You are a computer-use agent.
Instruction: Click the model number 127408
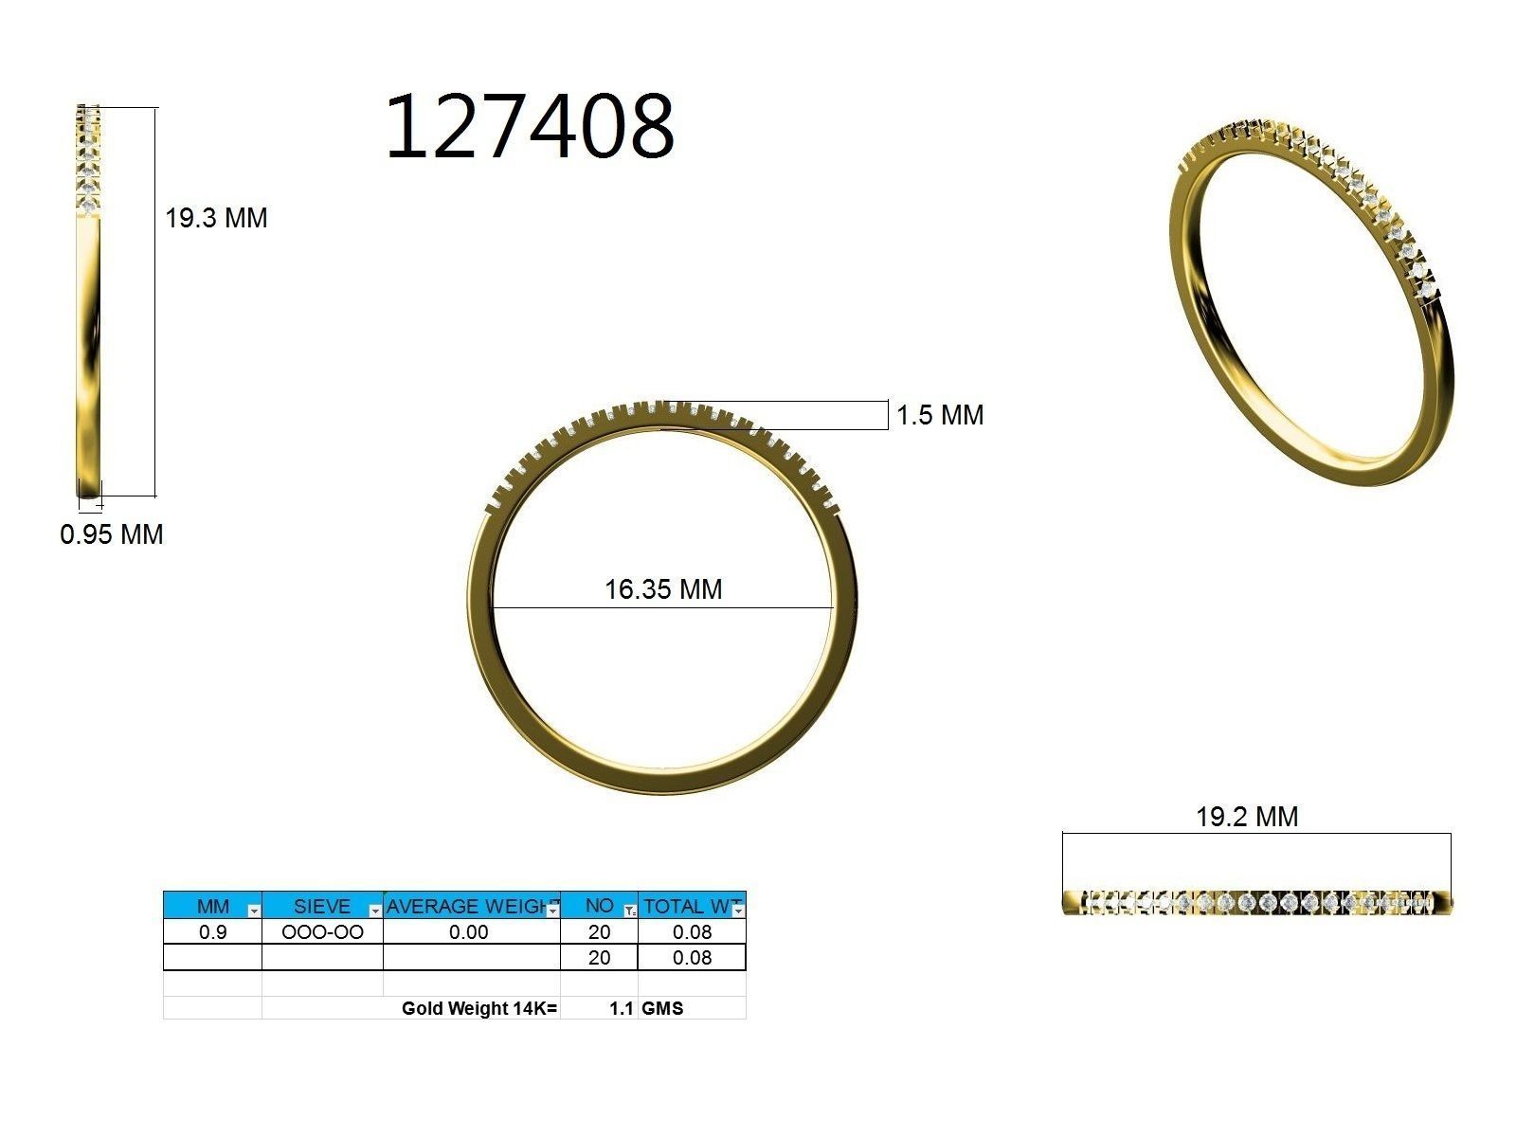click(x=529, y=126)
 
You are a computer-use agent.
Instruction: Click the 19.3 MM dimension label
click(x=216, y=218)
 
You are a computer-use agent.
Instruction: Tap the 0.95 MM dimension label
click(x=112, y=534)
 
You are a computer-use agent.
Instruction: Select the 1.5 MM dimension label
click(x=940, y=415)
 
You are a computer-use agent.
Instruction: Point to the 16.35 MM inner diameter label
click(x=663, y=589)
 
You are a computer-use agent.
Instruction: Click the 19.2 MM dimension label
click(x=1247, y=817)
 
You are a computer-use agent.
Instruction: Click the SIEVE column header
click(x=321, y=906)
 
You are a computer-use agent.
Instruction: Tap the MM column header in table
click(x=212, y=906)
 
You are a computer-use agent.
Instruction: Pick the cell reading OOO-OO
click(x=322, y=932)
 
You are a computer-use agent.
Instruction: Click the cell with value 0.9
click(x=212, y=932)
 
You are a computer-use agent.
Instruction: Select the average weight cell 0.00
click(x=469, y=932)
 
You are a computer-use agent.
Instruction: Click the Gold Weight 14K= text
click(x=479, y=1008)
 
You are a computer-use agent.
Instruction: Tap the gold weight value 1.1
click(x=621, y=1008)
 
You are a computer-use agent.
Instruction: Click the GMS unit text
click(x=662, y=1008)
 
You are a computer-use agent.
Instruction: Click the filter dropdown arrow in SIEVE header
click(x=375, y=911)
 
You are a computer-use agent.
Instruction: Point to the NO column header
click(x=598, y=906)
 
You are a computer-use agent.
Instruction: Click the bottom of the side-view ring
click(x=89, y=489)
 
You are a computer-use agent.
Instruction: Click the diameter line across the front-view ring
click(x=568, y=607)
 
